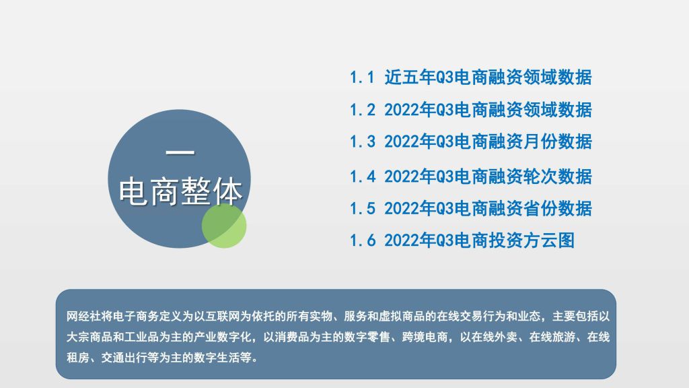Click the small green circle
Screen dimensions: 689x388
coord(224,226)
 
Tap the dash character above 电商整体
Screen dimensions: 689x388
coord(180,153)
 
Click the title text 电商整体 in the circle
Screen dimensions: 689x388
coord(180,192)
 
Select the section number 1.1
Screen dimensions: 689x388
coord(362,77)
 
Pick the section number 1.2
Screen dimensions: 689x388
coord(363,110)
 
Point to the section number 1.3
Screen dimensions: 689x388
coord(363,141)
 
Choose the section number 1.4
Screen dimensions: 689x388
coord(363,176)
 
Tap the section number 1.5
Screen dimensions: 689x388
coord(363,208)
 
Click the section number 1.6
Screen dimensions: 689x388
coord(363,240)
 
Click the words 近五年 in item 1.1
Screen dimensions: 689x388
coord(410,77)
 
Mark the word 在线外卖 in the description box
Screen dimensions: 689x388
coord(495,337)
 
